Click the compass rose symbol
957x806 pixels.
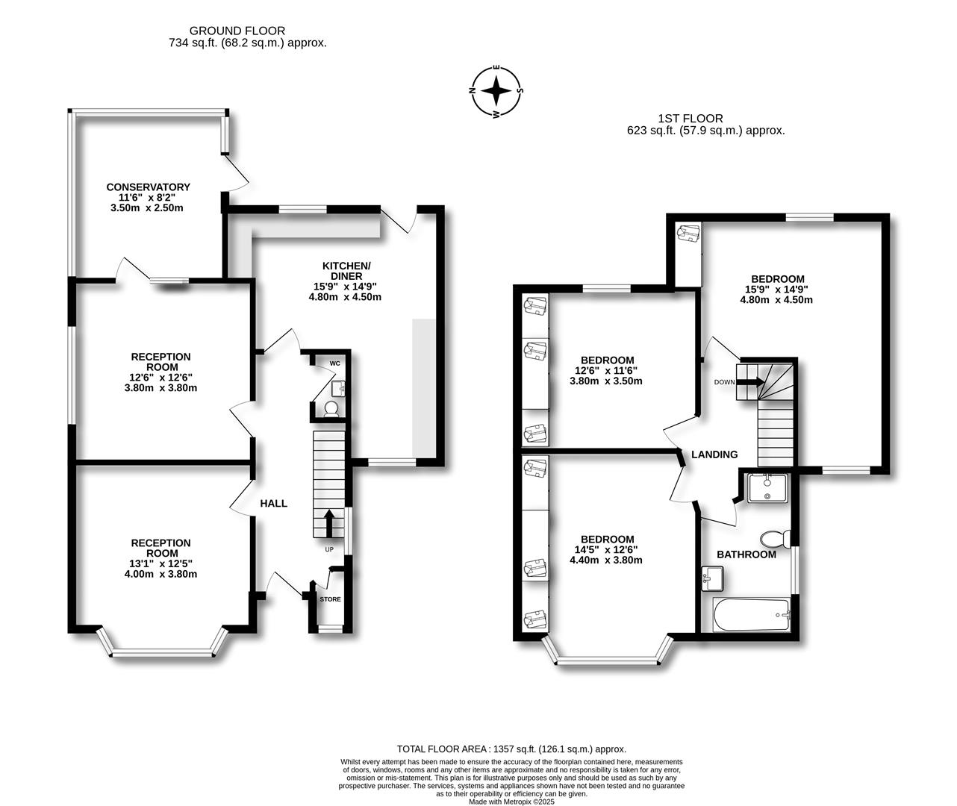[x=496, y=92]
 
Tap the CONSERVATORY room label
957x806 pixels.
[x=148, y=187]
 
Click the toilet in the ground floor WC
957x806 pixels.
[x=330, y=408]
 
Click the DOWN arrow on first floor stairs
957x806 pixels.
[x=749, y=382]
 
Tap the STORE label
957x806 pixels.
[x=330, y=599]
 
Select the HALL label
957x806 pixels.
[x=273, y=504]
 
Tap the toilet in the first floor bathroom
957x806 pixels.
[x=774, y=539]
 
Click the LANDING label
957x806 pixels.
[x=714, y=454]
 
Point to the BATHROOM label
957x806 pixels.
[x=746, y=554]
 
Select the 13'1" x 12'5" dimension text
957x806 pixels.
[x=161, y=563]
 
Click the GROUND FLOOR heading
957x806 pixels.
[x=237, y=31]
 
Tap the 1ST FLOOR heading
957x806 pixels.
[x=690, y=118]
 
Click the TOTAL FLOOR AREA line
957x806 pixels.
[x=511, y=749]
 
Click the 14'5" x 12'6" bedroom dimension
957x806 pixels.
[x=607, y=549]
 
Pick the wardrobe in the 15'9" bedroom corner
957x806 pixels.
[x=688, y=233]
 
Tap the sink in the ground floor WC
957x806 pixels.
[x=338, y=387]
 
